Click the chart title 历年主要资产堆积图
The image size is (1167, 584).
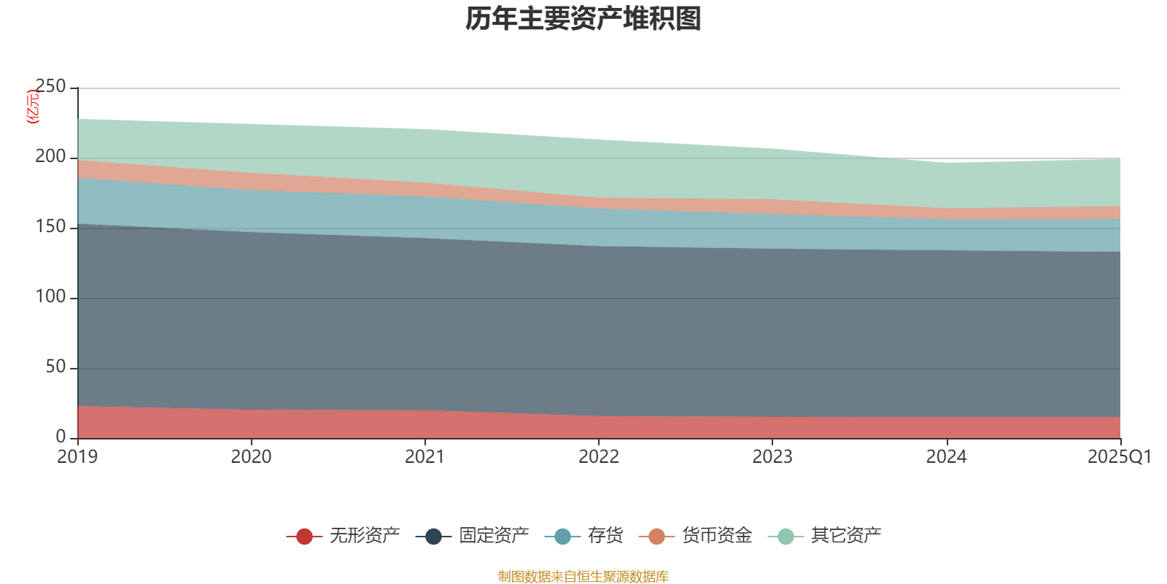583,19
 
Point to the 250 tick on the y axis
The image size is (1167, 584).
50,87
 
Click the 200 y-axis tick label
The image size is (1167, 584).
50,157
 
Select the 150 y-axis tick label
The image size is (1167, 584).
50,227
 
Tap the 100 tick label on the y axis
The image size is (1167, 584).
50,297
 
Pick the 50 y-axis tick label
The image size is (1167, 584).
55,367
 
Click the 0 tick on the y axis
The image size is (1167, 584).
61,437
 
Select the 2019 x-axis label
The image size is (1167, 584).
77,457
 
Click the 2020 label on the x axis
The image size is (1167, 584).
251,457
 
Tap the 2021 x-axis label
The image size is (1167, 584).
424,457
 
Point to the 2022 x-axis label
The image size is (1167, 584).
598,457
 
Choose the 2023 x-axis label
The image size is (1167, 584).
772,457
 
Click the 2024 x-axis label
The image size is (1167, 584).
946,457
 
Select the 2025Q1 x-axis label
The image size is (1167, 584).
1119,457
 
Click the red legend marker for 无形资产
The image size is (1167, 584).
304,537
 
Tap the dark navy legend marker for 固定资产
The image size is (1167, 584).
433,537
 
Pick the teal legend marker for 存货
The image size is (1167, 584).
562,537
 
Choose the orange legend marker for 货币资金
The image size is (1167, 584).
656,537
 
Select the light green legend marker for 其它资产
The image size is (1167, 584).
786,537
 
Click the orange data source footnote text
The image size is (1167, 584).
583,577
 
